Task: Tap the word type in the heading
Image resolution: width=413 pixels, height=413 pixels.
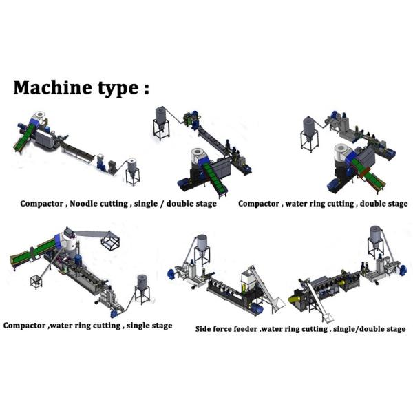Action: [x=109, y=89]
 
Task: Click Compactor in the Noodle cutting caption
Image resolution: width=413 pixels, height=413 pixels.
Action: [x=42, y=204]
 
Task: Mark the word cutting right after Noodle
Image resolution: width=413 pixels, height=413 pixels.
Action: [x=115, y=204]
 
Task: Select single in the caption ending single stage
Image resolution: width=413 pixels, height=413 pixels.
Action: [x=136, y=325]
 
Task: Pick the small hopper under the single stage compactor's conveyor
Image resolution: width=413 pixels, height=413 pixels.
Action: [x=34, y=281]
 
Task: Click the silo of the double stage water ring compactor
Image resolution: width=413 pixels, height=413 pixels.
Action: [x=310, y=131]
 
